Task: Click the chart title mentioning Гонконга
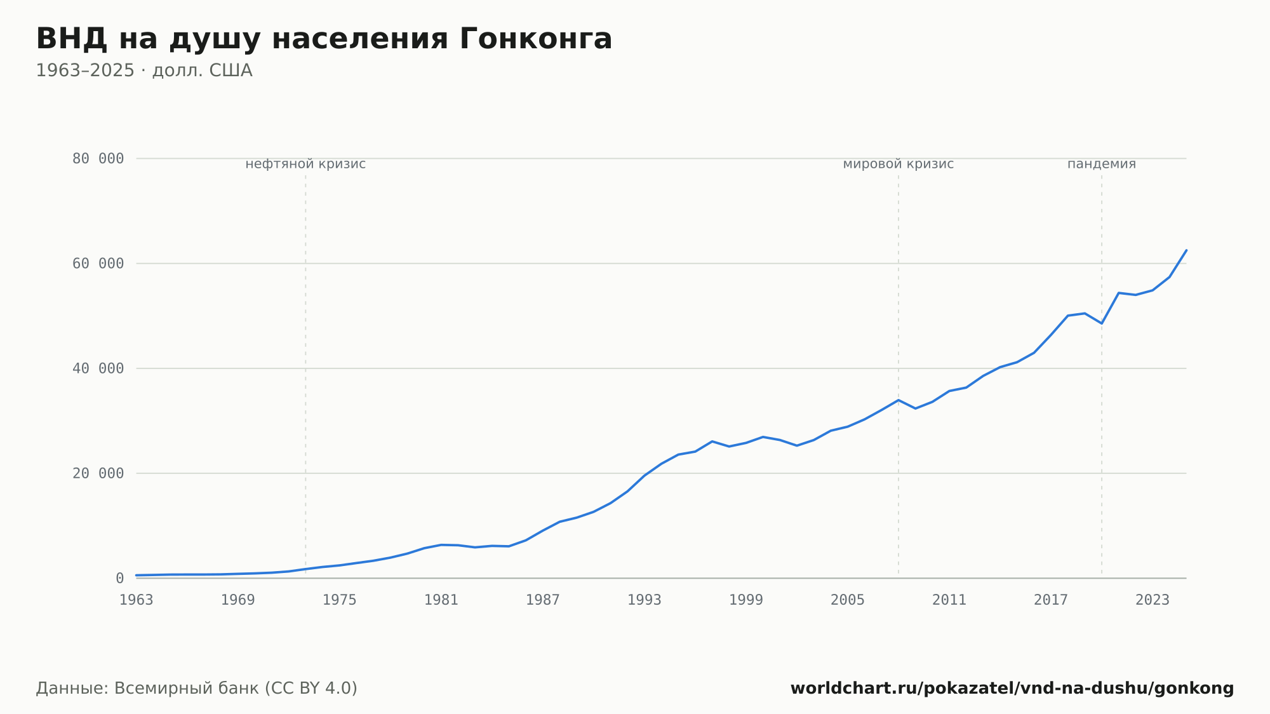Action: [324, 39]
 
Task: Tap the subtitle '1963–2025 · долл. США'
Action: [144, 71]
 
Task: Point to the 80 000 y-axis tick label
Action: [98, 159]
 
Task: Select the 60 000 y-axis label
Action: [98, 264]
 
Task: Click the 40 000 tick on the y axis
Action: [98, 368]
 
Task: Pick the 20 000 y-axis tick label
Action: [98, 473]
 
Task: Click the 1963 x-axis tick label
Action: [137, 600]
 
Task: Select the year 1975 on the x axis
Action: [340, 600]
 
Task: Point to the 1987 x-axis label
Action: [543, 600]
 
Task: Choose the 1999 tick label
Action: [746, 600]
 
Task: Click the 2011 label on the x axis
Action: [949, 600]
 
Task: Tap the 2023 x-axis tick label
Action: [1153, 600]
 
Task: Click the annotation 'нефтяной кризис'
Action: [305, 164]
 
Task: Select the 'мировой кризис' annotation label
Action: [899, 164]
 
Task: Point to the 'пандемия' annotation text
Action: [1102, 164]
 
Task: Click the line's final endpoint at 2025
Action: [1186, 250]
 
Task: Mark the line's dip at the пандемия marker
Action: [1102, 323]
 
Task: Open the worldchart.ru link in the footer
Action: [1012, 689]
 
